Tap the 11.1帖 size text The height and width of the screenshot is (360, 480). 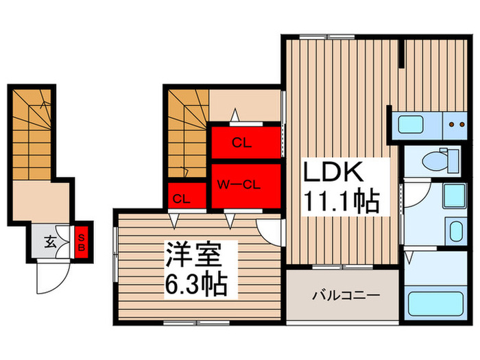[341, 201]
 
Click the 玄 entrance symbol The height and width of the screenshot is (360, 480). [51, 241]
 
